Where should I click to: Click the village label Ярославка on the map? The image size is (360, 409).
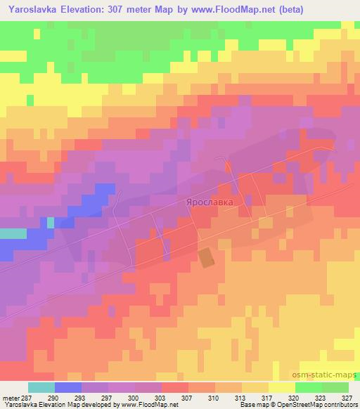pyautogui.click(x=209, y=202)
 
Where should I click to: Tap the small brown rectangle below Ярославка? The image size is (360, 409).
pyautogui.click(x=206, y=257)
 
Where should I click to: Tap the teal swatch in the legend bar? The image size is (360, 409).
pyautogui.click(x=41, y=388)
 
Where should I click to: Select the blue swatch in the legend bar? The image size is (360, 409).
pyautogui.click(x=68, y=388)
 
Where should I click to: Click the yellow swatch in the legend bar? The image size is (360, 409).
pyautogui.click(x=281, y=388)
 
